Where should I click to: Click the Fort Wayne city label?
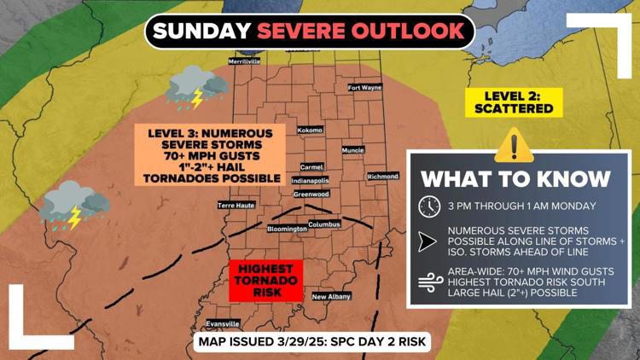coord(365,88)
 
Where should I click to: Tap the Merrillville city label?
coord(244,61)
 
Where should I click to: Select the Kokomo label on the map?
coord(310,131)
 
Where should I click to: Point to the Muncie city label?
coord(352,150)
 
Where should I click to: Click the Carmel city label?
coord(311,167)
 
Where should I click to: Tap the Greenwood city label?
coord(311,194)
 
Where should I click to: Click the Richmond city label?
coord(382,177)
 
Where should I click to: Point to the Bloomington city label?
coord(287,229)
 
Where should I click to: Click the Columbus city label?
coord(324,224)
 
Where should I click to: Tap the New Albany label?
coord(331,297)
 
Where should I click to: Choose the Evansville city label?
coord(223,325)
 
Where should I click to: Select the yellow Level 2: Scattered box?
coord(515,102)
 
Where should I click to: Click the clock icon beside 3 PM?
coord(429,206)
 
